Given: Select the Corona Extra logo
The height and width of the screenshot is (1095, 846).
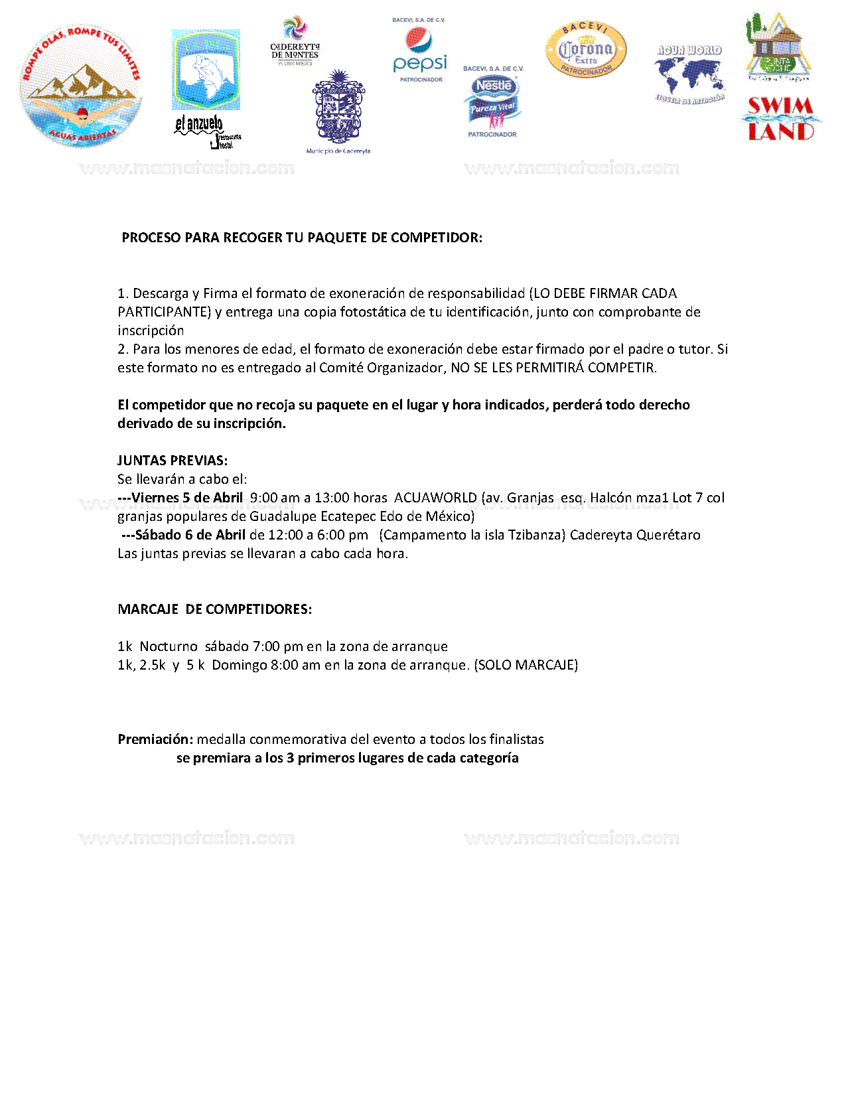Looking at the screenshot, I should (585, 50).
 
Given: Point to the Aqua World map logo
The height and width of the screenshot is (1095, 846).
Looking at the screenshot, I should (689, 74).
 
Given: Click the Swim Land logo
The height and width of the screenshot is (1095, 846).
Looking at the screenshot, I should (781, 119).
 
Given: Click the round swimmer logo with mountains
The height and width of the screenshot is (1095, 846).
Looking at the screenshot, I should (81, 86).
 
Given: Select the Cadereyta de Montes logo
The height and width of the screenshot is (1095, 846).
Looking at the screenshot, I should (295, 42).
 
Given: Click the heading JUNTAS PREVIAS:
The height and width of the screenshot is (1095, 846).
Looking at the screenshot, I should (173, 461).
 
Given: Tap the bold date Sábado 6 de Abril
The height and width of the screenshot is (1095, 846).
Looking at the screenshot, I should (190, 535).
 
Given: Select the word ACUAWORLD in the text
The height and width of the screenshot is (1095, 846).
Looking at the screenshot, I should (435, 498).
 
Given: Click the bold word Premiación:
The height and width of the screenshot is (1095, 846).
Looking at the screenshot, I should (155, 739).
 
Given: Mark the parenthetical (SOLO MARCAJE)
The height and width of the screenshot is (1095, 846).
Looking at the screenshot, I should (526, 665).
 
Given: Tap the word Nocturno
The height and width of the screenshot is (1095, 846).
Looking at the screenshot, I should (169, 646).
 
